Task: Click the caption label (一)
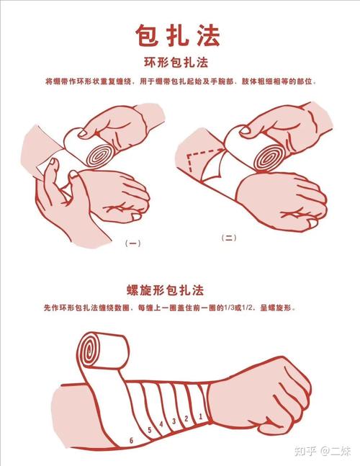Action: click(133, 243)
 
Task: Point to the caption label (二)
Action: click(228, 238)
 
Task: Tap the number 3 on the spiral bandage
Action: click(174, 421)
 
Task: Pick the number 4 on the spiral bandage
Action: click(161, 424)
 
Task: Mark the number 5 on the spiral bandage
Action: click(149, 430)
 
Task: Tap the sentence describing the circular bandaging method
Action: click(181, 81)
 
